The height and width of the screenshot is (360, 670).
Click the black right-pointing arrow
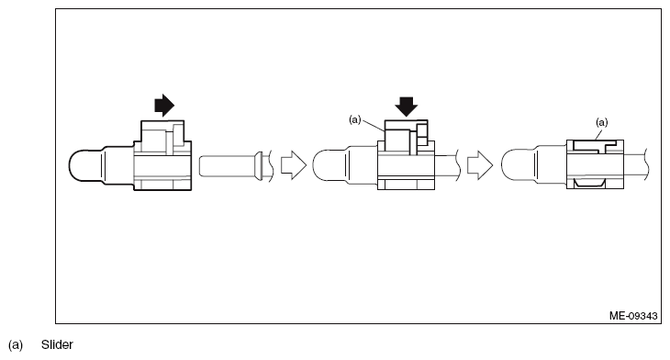[162, 106]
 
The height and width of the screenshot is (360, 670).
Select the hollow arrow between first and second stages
[291, 166]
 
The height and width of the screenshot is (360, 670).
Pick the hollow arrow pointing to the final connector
[478, 166]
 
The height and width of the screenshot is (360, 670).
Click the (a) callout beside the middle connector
[355, 119]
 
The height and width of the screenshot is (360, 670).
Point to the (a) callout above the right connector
[602, 121]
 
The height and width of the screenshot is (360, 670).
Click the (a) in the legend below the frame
[15, 344]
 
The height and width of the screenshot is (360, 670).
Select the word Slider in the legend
[56, 344]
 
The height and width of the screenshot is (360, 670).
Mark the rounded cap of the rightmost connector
[520, 166]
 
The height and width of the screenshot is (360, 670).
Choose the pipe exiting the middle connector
[446, 166]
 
